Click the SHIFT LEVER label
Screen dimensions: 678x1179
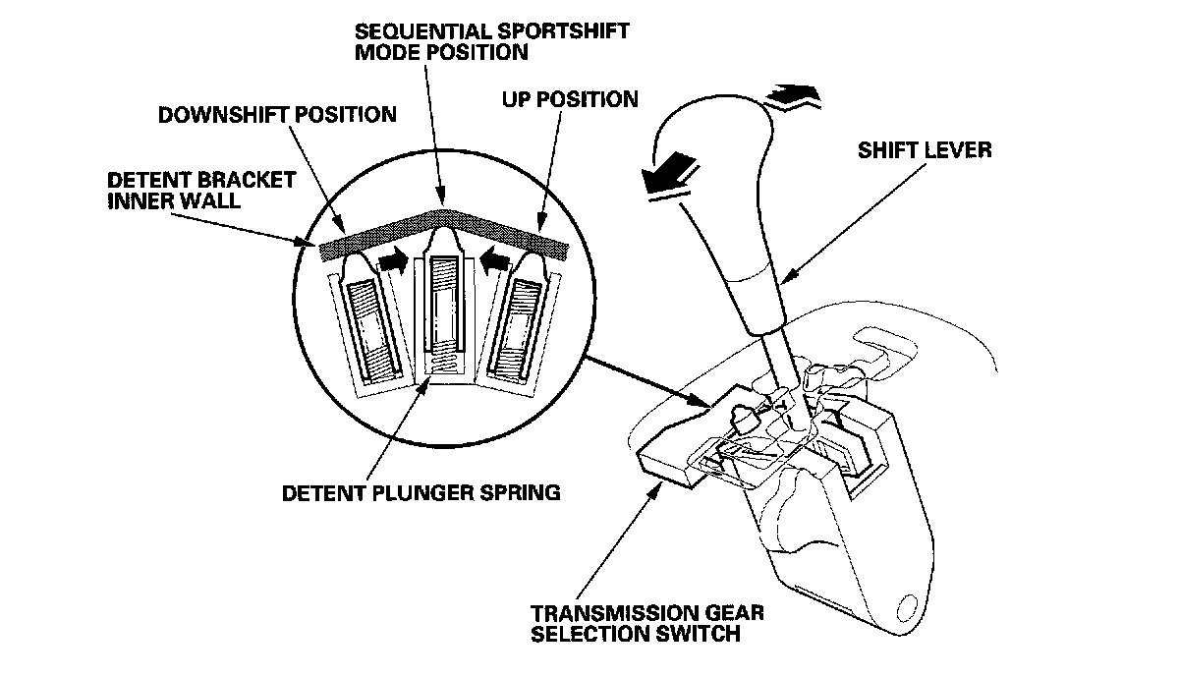click(925, 151)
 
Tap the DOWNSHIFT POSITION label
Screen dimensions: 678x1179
click(278, 115)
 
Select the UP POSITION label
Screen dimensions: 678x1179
click(569, 99)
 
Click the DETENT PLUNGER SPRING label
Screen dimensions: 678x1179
click(421, 491)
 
